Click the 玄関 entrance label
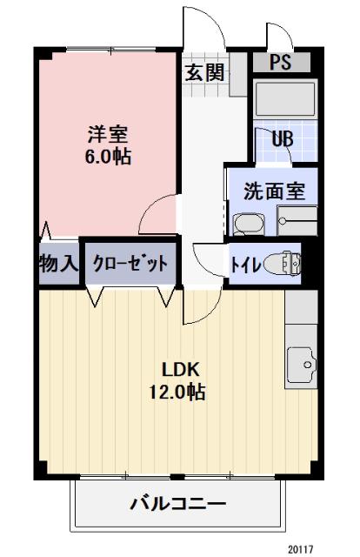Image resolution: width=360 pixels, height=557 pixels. point(204,71)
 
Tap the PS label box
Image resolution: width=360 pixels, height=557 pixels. point(279,62)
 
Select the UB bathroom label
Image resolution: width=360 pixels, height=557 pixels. point(282,139)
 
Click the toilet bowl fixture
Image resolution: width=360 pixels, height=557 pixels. point(283,262)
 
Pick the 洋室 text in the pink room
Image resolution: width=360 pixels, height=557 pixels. point(107,135)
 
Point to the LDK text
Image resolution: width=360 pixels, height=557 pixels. point(177,367)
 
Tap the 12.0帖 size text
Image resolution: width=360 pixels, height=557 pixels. point(177,392)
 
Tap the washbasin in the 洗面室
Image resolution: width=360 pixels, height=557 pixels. point(246,224)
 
